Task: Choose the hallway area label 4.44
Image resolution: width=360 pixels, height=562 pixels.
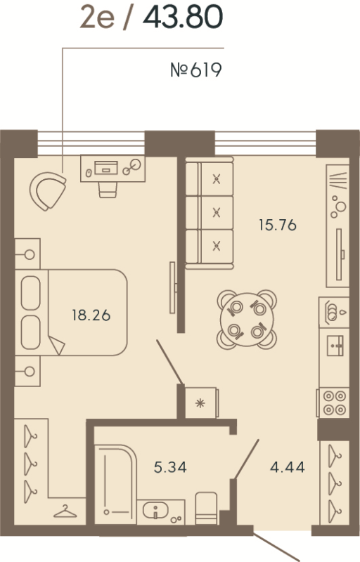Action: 287,466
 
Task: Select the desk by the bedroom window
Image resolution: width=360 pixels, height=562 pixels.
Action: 111,167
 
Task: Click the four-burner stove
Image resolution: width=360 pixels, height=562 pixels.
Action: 333,403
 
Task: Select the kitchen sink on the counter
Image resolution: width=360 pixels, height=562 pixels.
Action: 333,344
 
